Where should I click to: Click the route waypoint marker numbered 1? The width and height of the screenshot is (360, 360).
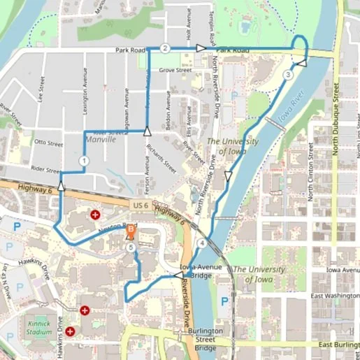[x=84, y=161]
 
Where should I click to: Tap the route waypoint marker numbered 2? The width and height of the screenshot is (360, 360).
[x=165, y=48]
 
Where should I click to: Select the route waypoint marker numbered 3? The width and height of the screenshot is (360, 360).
[x=288, y=75]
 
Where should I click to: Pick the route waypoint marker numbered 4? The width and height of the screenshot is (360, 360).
[x=202, y=243]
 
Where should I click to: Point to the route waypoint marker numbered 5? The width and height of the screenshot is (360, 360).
[x=131, y=246]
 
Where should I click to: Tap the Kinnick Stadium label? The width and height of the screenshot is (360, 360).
[x=41, y=327]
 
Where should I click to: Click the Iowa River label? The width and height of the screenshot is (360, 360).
[x=293, y=114]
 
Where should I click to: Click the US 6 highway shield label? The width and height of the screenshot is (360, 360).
[x=140, y=205]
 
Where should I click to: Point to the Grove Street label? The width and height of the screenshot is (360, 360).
[x=175, y=70]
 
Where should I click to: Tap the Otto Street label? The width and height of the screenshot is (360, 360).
[x=48, y=143]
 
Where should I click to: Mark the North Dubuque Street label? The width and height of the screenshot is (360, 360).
[x=336, y=119]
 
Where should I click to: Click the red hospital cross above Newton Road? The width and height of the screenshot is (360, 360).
[x=95, y=215]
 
